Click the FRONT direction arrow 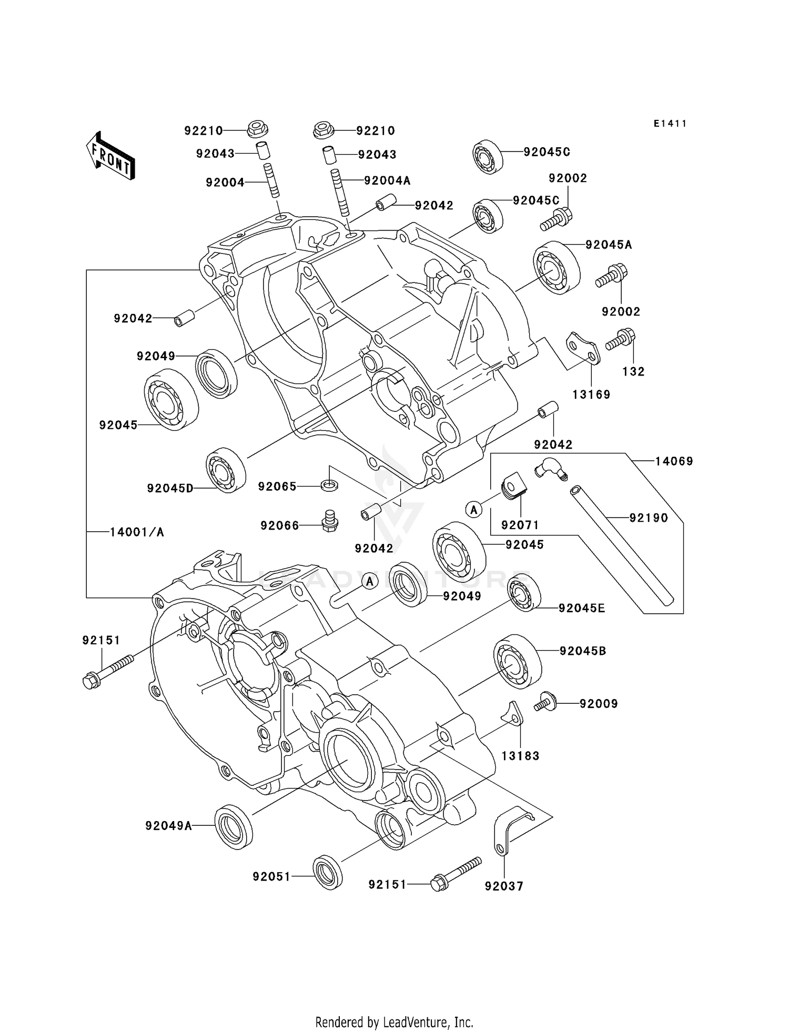pyautogui.click(x=110, y=156)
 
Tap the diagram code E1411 pyautogui.click(x=670, y=124)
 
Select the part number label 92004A pyautogui.click(x=387, y=181)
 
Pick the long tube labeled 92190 pyautogui.click(x=622, y=545)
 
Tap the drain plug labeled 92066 pyautogui.click(x=329, y=521)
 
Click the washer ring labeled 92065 pyautogui.click(x=329, y=484)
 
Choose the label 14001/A pyautogui.click(x=137, y=532)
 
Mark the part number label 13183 pyautogui.click(x=520, y=756)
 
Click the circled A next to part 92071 pyautogui.click(x=474, y=509)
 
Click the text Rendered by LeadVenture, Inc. pyautogui.click(x=394, y=1022)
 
